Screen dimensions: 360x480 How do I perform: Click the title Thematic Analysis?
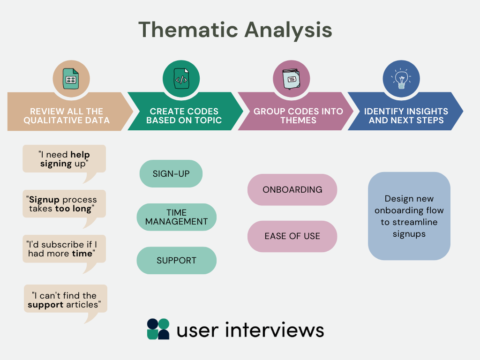(x=235, y=30)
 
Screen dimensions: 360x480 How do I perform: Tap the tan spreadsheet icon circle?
(x=71, y=79)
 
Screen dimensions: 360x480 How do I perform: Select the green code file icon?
(x=181, y=79)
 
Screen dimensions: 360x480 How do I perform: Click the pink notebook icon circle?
(x=291, y=79)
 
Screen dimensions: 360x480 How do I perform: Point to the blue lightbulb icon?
(x=401, y=79)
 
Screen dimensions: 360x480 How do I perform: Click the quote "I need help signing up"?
(x=64, y=159)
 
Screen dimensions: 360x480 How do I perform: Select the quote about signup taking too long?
(x=64, y=204)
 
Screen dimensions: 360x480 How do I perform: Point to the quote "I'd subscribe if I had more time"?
(x=64, y=249)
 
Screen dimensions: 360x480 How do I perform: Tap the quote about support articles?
(x=66, y=300)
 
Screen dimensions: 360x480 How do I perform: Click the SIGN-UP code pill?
(x=171, y=174)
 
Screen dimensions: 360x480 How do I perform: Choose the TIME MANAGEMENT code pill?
(x=177, y=217)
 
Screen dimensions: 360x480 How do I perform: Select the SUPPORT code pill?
(x=177, y=261)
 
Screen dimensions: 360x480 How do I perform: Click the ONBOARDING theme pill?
(x=292, y=190)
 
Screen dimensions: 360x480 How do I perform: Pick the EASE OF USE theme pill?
(x=292, y=236)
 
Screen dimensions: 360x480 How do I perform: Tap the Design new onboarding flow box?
(x=409, y=216)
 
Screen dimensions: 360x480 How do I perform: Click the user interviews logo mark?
(x=158, y=329)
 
